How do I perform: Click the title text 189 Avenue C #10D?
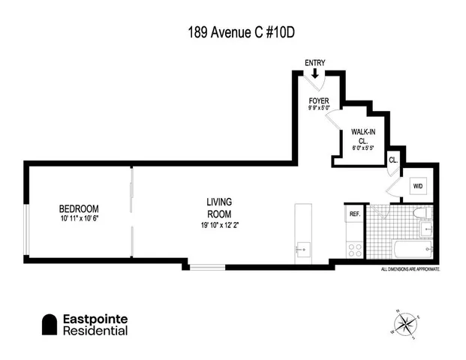[233, 33]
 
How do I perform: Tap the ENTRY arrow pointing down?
[315, 73]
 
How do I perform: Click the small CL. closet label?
[392, 159]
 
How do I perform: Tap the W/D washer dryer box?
[416, 186]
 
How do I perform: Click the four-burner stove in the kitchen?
[354, 248]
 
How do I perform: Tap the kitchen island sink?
[302, 248]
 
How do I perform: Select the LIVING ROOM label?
[220, 208]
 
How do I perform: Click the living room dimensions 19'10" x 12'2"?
[220, 224]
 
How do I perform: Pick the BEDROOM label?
[79, 208]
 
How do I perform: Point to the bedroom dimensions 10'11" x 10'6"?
[79, 219]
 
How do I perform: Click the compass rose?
[405, 325]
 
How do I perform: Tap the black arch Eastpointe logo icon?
[50, 324]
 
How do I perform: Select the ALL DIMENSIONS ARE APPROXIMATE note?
[410, 268]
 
